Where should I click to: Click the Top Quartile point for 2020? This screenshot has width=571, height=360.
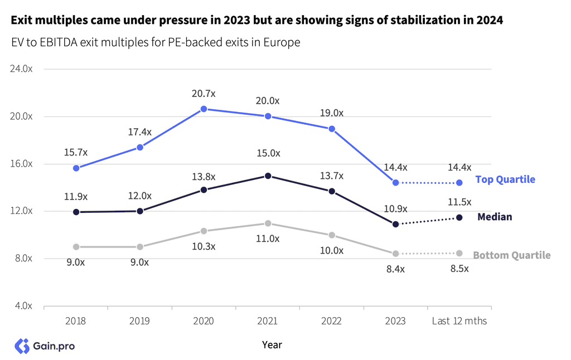pyautogui.click(x=204, y=109)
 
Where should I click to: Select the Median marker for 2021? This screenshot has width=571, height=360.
pyautogui.click(x=268, y=176)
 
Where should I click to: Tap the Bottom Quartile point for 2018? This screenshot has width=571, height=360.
pyautogui.click(x=76, y=247)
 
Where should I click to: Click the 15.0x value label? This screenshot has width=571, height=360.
pyautogui.click(x=268, y=153)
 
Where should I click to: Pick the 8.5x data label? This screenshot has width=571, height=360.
pyautogui.click(x=459, y=269)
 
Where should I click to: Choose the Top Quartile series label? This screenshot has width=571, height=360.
pyautogui.click(x=505, y=179)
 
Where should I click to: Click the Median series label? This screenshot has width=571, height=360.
pyautogui.click(x=495, y=217)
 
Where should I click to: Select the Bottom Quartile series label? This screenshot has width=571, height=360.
pyautogui.click(x=511, y=255)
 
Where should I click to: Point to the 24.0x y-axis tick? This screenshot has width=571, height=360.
pyautogui.click(x=23, y=69)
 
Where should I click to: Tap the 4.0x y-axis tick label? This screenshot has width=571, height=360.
pyautogui.click(x=23, y=306)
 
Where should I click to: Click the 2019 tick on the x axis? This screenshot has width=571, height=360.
pyautogui.click(x=140, y=321)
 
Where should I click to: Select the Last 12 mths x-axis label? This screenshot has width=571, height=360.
pyautogui.click(x=459, y=321)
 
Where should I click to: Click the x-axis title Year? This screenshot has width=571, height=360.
pyautogui.click(x=272, y=345)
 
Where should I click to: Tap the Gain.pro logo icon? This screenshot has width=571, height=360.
pyautogui.click(x=22, y=346)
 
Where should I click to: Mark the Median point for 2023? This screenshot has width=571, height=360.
pyautogui.click(x=396, y=224)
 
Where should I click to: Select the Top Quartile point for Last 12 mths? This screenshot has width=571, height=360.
pyautogui.click(x=459, y=183)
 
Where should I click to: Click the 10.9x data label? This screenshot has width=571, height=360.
pyautogui.click(x=396, y=209)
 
